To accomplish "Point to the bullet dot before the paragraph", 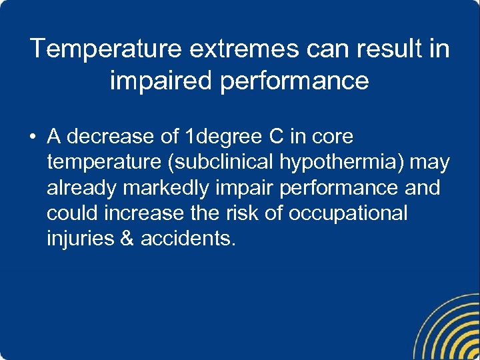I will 31,138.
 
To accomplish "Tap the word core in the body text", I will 331,137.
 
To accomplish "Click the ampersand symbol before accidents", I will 127,239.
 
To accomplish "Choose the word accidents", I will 187,239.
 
